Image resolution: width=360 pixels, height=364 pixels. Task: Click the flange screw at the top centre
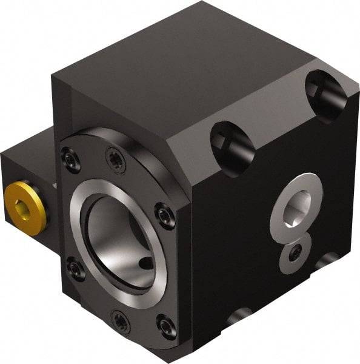116,159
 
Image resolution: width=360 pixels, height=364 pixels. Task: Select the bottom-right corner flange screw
166,326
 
